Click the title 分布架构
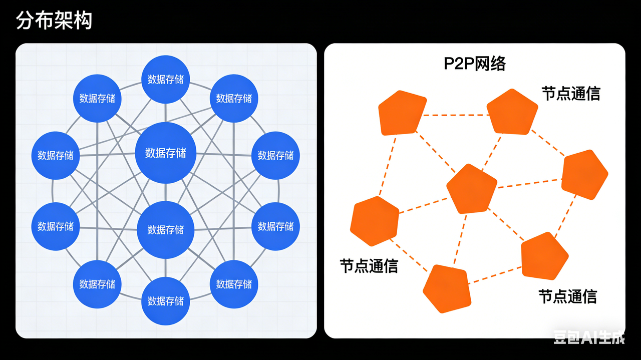click(x=54, y=21)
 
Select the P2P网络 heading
click(x=474, y=64)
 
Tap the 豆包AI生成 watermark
click(x=589, y=338)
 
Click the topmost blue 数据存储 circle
click(x=165, y=80)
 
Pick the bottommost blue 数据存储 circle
click(x=165, y=301)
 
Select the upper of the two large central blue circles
click(x=165, y=153)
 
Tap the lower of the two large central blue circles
click(x=165, y=230)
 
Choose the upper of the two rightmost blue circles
click(x=275, y=155)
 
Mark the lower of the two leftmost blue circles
click(x=55, y=226)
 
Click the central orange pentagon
click(x=471, y=188)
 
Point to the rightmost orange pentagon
click(x=584, y=175)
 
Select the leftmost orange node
click(x=375, y=220)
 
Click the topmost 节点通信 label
click(x=570, y=94)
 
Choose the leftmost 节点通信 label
click(x=369, y=266)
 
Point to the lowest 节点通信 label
click(x=567, y=296)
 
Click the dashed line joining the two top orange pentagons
click(x=456, y=115)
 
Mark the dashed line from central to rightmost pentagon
click(x=528, y=182)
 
